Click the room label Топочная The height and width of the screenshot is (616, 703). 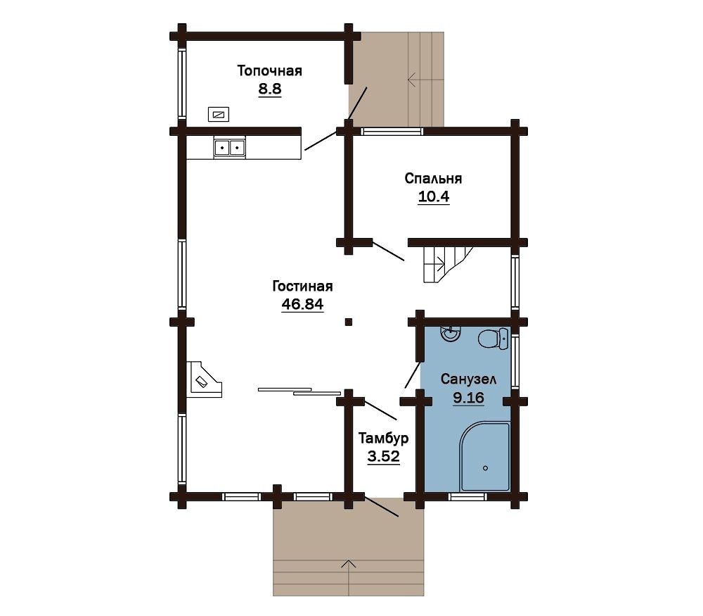(269, 71)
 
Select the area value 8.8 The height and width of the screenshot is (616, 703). (269, 89)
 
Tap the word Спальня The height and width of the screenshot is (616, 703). (433, 179)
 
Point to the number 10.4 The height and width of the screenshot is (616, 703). (434, 196)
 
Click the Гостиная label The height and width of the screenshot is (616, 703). (302, 287)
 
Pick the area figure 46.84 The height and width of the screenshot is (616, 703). (302, 304)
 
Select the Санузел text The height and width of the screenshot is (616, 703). (468, 379)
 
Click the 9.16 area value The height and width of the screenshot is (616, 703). (468, 397)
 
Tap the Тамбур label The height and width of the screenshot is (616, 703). (383, 438)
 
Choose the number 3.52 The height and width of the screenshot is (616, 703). (383, 457)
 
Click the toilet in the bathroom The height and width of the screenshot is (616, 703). (494, 339)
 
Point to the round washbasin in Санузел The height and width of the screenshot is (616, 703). (450, 334)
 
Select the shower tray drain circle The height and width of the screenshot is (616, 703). (485, 468)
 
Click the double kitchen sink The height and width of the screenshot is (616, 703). (230, 147)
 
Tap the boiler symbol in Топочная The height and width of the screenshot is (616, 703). (219, 115)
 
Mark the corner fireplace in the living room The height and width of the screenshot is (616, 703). (205, 379)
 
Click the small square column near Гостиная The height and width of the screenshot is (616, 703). (349, 322)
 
